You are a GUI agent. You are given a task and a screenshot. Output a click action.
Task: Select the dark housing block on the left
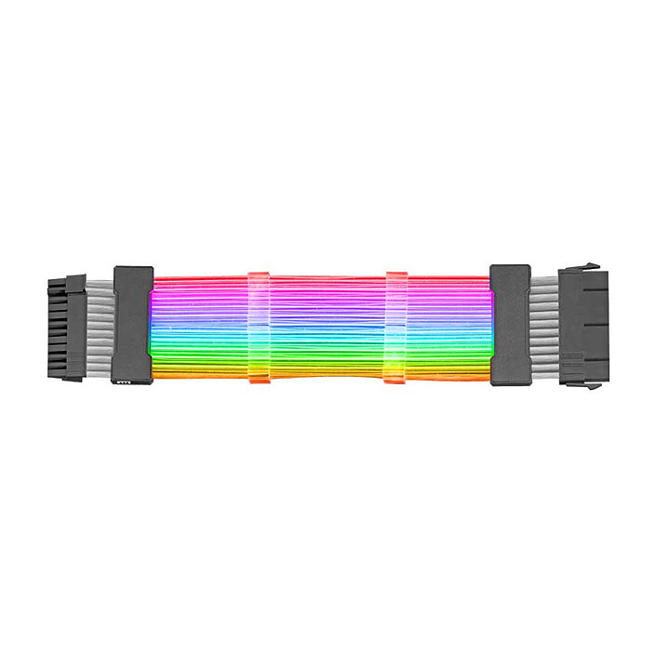tap(132, 326)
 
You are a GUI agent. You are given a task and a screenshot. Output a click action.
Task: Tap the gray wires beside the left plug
tap(99, 326)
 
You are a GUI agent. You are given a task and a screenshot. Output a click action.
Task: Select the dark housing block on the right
tap(510, 325)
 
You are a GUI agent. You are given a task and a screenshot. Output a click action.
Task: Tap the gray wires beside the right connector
tap(544, 326)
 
